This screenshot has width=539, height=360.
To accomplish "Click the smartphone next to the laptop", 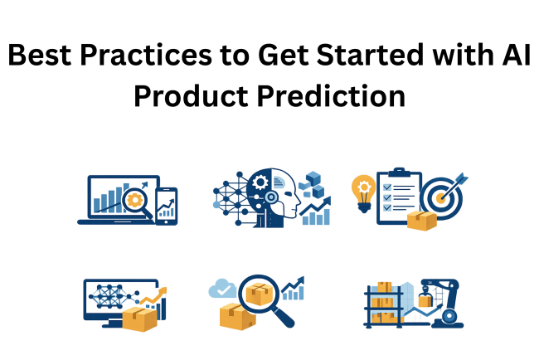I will click(x=166, y=206).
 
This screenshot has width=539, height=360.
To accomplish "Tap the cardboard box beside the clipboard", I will click(x=421, y=219).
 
